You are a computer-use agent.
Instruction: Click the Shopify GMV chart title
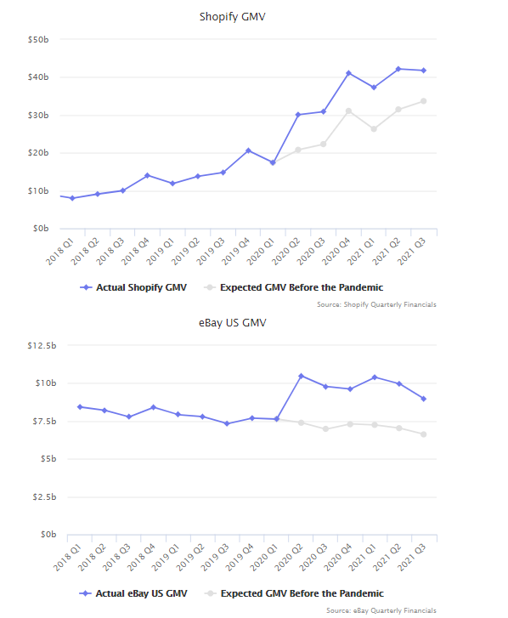[233, 17]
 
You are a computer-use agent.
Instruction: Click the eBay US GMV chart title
[233, 323]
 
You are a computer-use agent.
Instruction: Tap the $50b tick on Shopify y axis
[38, 39]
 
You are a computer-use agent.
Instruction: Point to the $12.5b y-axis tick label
[42, 346]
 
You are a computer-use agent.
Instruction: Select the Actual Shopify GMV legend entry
[133, 287]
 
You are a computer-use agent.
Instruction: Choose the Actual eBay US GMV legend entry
[133, 593]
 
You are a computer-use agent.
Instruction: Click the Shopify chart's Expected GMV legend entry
[293, 287]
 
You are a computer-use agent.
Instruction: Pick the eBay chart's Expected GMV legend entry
[294, 593]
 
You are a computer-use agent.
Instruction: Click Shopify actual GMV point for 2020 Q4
[348, 73]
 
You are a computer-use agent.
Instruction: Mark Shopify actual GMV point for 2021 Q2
[398, 69]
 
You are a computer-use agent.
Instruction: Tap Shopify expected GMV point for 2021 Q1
[374, 129]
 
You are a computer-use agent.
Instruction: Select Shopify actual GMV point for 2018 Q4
[147, 175]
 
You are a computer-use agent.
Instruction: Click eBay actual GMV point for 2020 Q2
[302, 376]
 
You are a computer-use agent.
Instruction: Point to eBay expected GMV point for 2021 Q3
[424, 434]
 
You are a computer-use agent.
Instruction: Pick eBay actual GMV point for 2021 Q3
[424, 399]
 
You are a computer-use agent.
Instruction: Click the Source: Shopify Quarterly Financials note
[376, 304]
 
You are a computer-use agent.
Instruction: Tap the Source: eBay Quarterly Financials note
[381, 610]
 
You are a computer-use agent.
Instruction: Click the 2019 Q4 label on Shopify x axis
[236, 251]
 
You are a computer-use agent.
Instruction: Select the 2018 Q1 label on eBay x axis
[68, 557]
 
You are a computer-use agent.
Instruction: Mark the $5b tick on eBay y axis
[48, 459]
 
